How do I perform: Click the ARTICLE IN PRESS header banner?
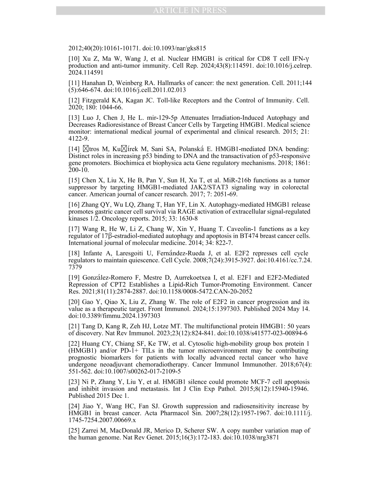(190, 11)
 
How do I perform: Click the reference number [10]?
(74, 59)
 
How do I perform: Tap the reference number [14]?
(74, 149)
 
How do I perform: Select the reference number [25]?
(74, 431)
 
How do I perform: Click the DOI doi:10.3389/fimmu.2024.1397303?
(114, 316)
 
